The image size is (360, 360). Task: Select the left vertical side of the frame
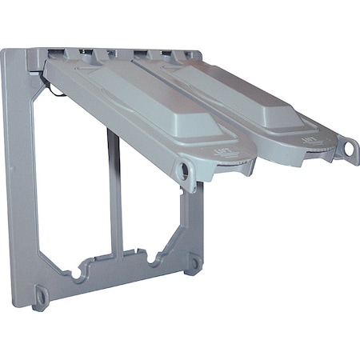(21, 176)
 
